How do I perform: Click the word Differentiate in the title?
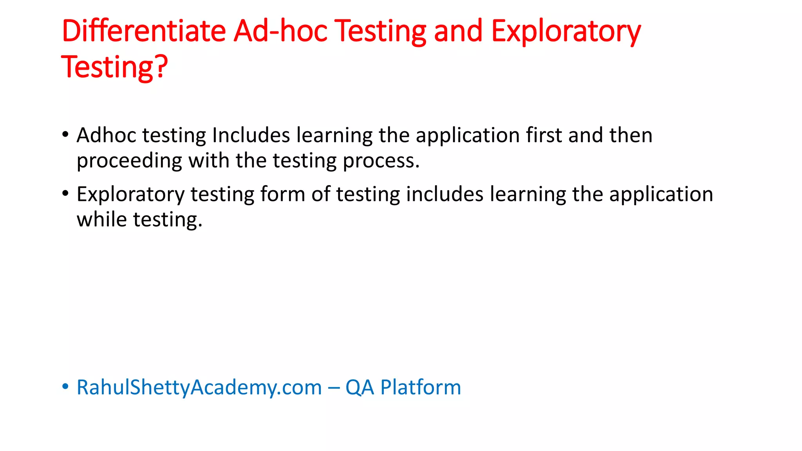[144, 31]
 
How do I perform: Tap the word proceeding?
[129, 161]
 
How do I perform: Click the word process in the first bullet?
[378, 161]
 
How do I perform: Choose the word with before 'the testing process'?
[209, 161]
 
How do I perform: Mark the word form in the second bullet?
[282, 194]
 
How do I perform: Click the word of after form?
[321, 194]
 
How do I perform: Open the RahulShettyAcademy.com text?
[199, 388]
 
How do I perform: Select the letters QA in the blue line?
[359, 388]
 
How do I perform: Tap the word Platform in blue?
[421, 388]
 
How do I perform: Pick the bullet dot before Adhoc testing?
[65, 135]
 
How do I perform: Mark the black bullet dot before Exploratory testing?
[65, 193]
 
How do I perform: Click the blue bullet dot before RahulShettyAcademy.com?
[65, 387]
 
